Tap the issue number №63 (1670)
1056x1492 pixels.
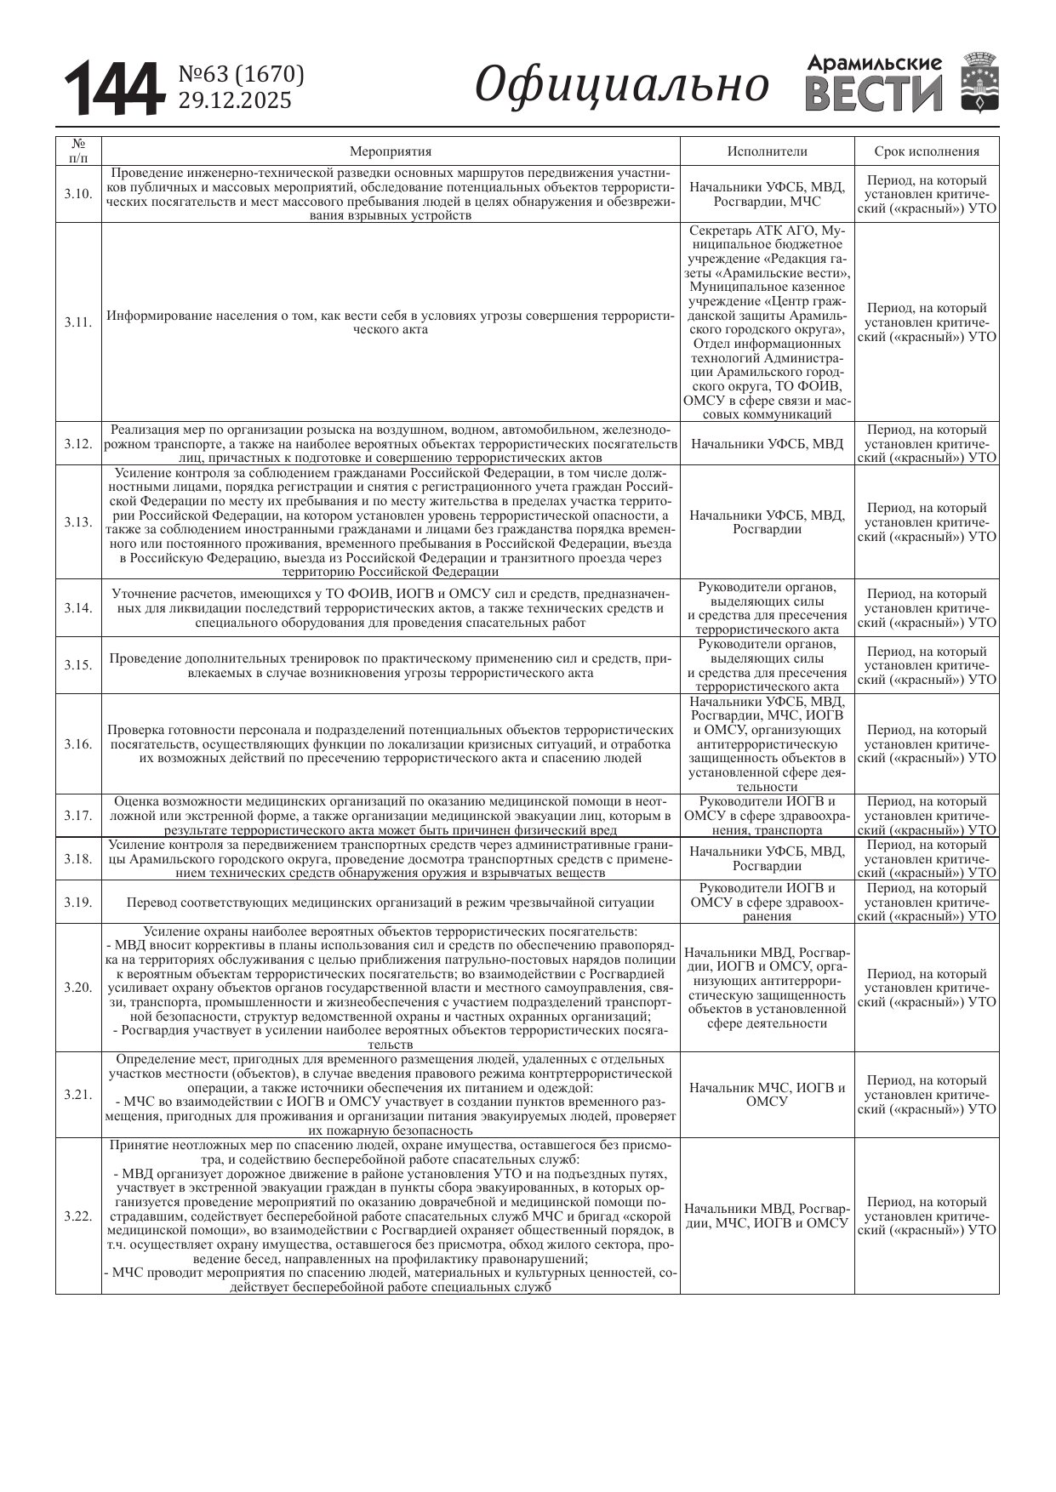[241, 75]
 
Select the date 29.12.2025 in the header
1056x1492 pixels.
[234, 100]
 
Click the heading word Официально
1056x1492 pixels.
[621, 85]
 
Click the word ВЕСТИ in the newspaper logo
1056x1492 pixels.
[874, 94]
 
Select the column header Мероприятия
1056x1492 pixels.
[391, 151]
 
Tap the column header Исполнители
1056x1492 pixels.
[767, 151]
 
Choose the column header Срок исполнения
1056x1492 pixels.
[927, 151]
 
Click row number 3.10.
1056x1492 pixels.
[78, 194]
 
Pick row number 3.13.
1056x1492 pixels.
[78, 522]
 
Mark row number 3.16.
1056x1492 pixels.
[78, 744]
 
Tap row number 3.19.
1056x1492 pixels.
[78, 902]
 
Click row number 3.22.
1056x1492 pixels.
[78, 1216]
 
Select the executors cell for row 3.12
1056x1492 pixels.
[767, 443]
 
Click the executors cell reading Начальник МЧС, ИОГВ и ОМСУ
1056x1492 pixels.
[767, 1095]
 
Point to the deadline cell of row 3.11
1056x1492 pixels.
[927, 322]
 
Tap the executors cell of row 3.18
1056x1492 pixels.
[767, 858]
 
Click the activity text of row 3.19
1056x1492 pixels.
[391, 903]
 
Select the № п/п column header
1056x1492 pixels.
[78, 151]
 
